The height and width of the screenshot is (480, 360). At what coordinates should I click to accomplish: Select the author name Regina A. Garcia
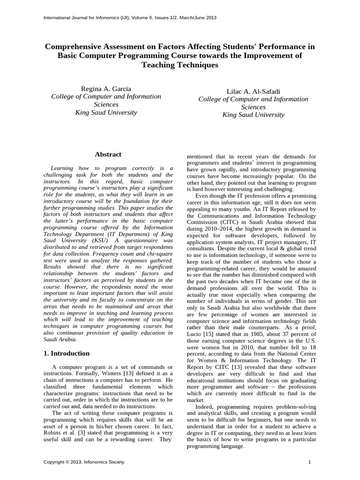[106, 89]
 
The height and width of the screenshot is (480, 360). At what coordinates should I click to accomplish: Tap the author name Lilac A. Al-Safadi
[253, 91]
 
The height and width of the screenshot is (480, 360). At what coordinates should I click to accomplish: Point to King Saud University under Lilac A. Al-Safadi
[253, 115]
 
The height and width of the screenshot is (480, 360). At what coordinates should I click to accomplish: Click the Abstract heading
[108, 154]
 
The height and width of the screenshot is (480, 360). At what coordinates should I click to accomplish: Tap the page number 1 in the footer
[310, 462]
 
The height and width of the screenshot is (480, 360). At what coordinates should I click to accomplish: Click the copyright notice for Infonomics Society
[84, 462]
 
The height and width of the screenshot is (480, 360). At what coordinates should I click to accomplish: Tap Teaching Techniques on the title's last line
[180, 65]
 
